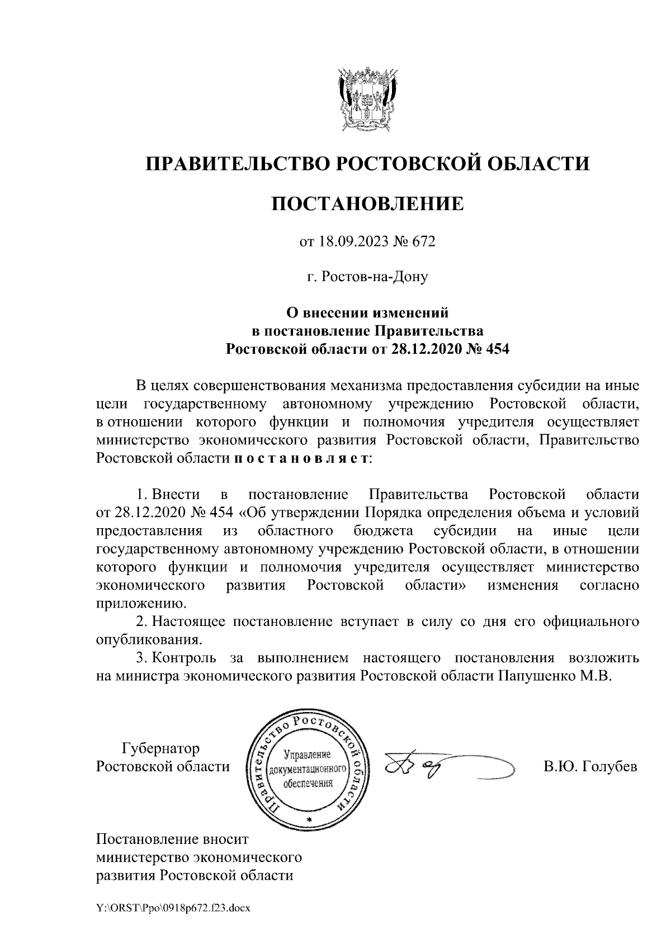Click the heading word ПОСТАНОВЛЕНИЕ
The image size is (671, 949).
(367, 203)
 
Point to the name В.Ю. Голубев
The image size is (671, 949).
(590, 767)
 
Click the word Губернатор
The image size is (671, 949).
(160, 748)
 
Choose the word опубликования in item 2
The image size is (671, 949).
(148, 638)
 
